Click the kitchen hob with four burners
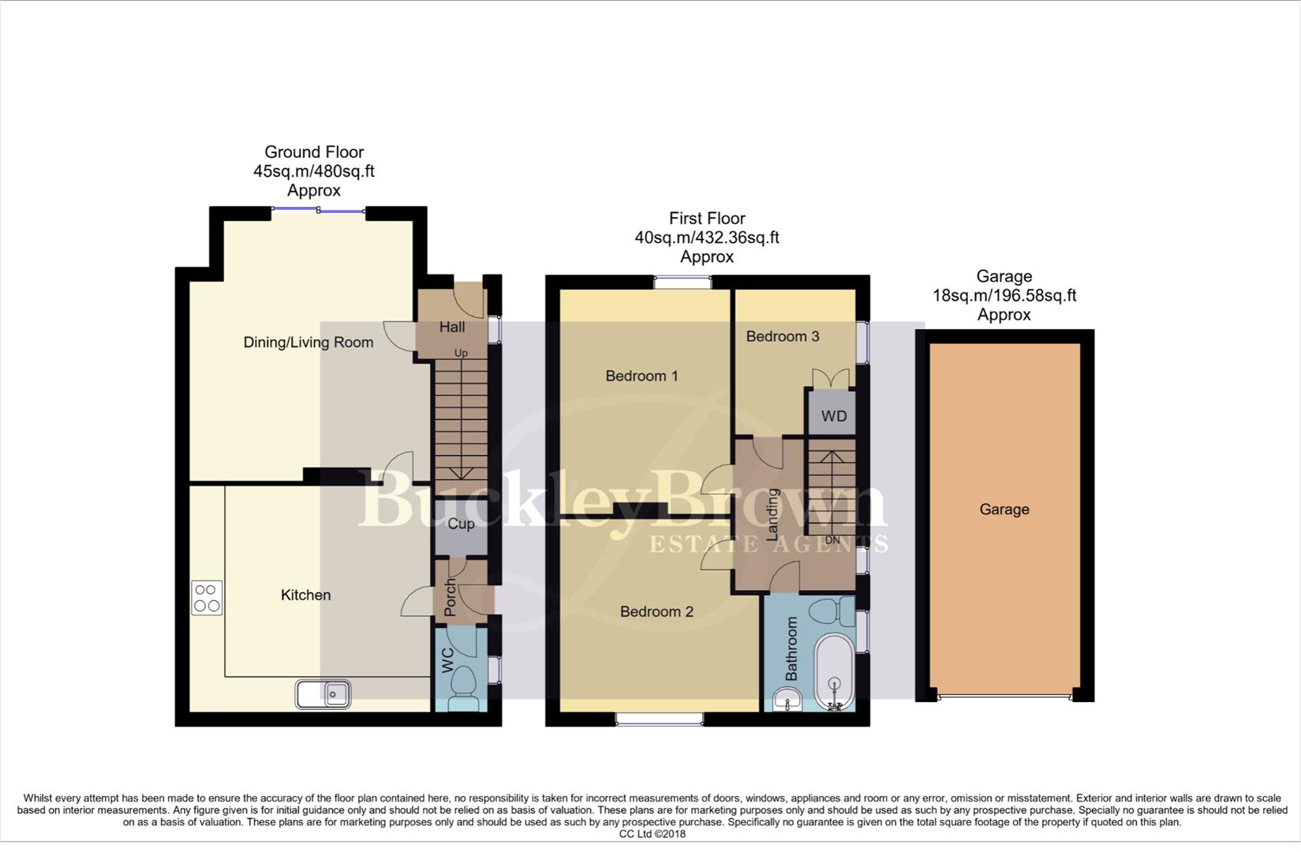coord(207,597)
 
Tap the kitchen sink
coord(323,694)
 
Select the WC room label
coord(447,660)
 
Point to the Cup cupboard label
coord(461,524)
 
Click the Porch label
coord(450,598)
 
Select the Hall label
coord(452,327)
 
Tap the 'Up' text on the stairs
coord(461,353)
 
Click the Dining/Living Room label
coord(308,342)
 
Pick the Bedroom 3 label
coord(782,336)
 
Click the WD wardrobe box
coord(833,416)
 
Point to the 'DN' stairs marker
coord(832,540)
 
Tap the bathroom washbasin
coord(787,698)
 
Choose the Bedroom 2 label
coord(656,611)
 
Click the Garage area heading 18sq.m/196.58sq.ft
coord(1004,296)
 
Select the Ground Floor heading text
coord(313,152)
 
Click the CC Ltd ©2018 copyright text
coord(652,834)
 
